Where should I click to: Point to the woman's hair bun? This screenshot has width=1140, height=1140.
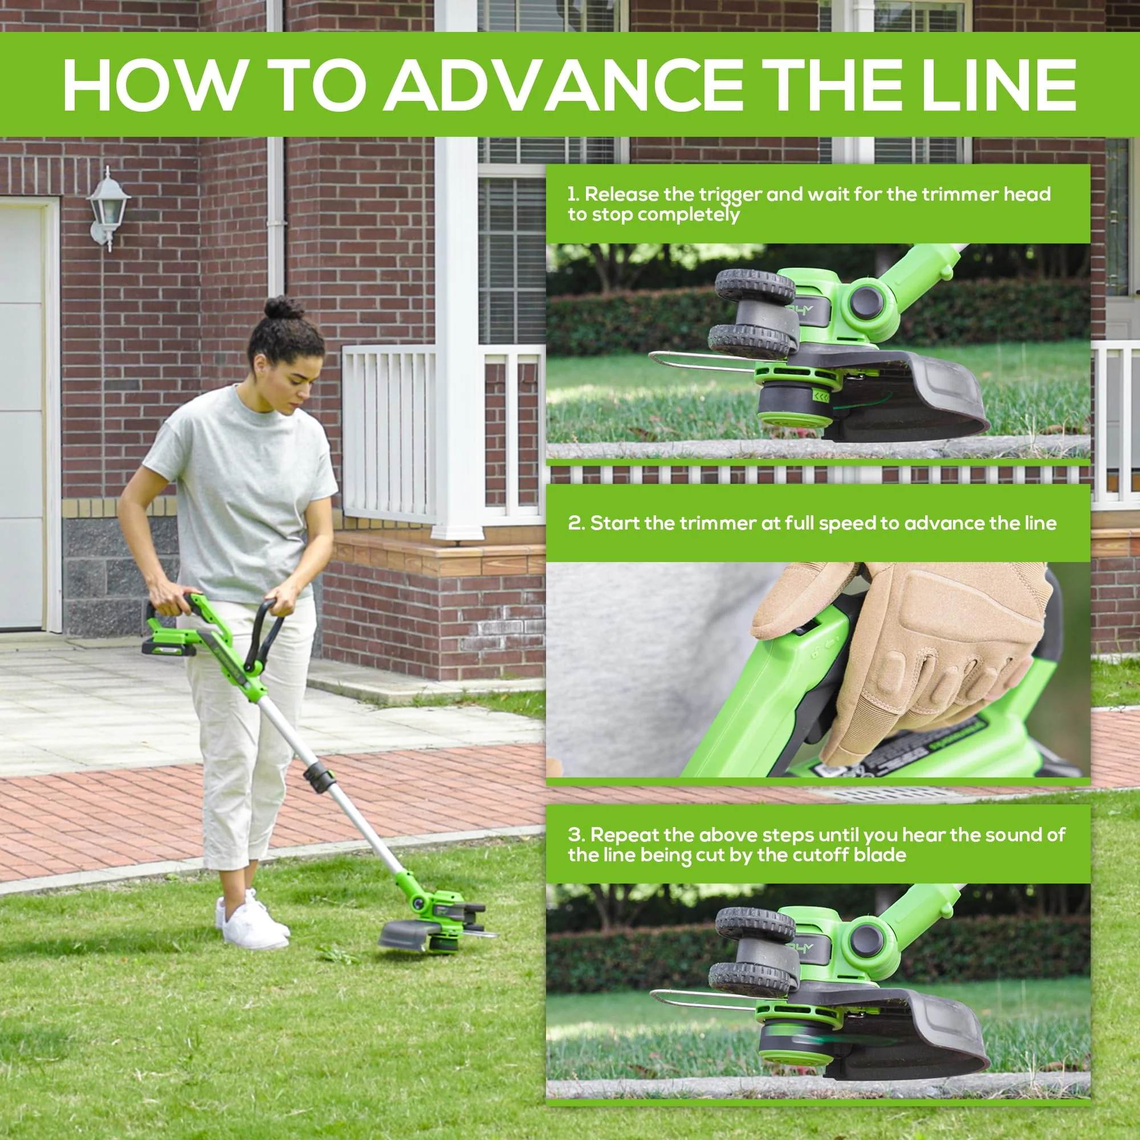[283, 308]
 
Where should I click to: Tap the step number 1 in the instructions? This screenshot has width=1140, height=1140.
[572, 194]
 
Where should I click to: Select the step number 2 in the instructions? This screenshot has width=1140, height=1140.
[575, 523]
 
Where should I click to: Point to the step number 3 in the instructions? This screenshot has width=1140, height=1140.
[575, 834]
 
